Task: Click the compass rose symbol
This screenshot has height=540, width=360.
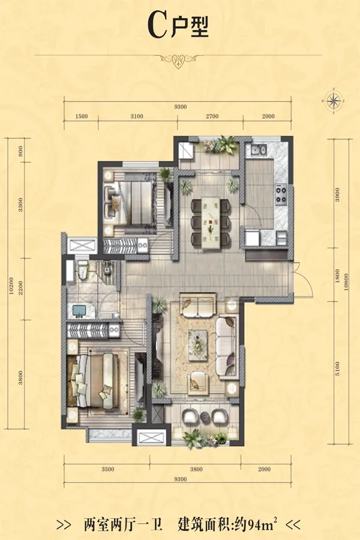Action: click(334, 101)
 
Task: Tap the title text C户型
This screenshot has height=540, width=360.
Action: click(178, 26)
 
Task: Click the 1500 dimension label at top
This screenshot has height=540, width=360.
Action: click(82, 116)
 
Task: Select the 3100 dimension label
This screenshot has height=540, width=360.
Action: click(137, 116)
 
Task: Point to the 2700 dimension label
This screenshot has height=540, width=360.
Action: click(212, 116)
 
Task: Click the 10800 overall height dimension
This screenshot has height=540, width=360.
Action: click(346, 282)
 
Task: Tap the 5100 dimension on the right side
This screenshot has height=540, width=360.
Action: click(337, 368)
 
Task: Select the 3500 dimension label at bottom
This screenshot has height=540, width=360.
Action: click(108, 469)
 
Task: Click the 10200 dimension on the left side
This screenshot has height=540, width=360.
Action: click(11, 286)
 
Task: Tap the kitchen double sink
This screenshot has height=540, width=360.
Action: click(259, 150)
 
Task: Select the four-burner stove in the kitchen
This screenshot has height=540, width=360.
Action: click(281, 194)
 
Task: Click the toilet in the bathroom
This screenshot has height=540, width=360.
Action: click(83, 271)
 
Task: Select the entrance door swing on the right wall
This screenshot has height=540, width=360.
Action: click(303, 279)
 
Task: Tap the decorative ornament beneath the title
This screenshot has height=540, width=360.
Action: click(178, 60)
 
